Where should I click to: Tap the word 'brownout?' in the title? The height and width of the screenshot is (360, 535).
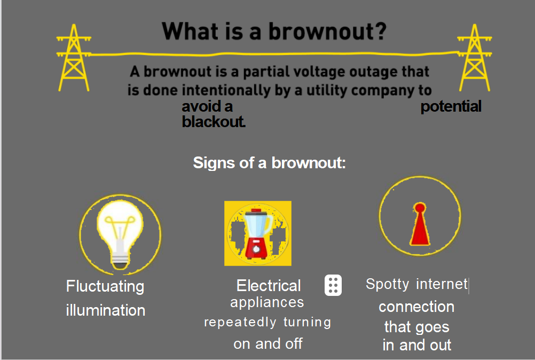pos(327,32)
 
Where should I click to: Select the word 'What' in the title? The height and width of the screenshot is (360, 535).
pos(191,32)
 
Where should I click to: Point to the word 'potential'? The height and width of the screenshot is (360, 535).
pos(451,107)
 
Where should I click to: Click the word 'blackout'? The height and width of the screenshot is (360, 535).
pos(213,122)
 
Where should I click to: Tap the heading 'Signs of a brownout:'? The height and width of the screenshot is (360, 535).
pos(269,163)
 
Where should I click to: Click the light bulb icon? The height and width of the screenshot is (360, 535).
pos(120,234)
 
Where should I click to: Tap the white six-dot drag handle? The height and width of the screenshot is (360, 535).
pos(333,285)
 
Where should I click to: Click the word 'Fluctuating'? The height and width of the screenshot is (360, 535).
pos(105,287)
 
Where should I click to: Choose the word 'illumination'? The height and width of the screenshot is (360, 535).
pos(105,310)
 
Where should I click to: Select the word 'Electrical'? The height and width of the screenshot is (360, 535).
pos(269,286)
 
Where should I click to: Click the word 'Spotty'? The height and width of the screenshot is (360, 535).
pos(387,284)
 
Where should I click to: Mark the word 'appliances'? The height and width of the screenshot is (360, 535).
pos(267,303)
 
